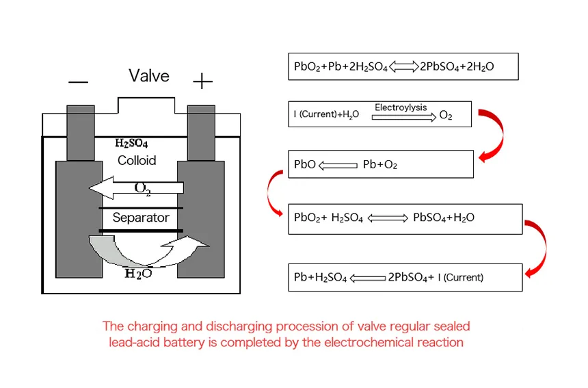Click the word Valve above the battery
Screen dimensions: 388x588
pyautogui.click(x=148, y=75)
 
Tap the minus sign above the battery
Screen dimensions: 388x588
pyautogui.click(x=79, y=83)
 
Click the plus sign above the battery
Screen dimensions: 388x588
pyautogui.click(x=202, y=83)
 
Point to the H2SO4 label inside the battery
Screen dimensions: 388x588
pyautogui.click(x=131, y=143)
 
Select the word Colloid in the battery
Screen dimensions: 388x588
pyautogui.click(x=137, y=161)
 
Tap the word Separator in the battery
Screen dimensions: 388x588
pyautogui.click(x=141, y=218)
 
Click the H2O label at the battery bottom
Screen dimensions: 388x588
pyautogui.click(x=138, y=274)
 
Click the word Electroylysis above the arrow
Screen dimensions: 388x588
pyautogui.click(x=401, y=108)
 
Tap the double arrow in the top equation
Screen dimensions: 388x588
pyautogui.click(x=405, y=67)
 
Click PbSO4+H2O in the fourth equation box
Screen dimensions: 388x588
pyautogui.click(x=444, y=218)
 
